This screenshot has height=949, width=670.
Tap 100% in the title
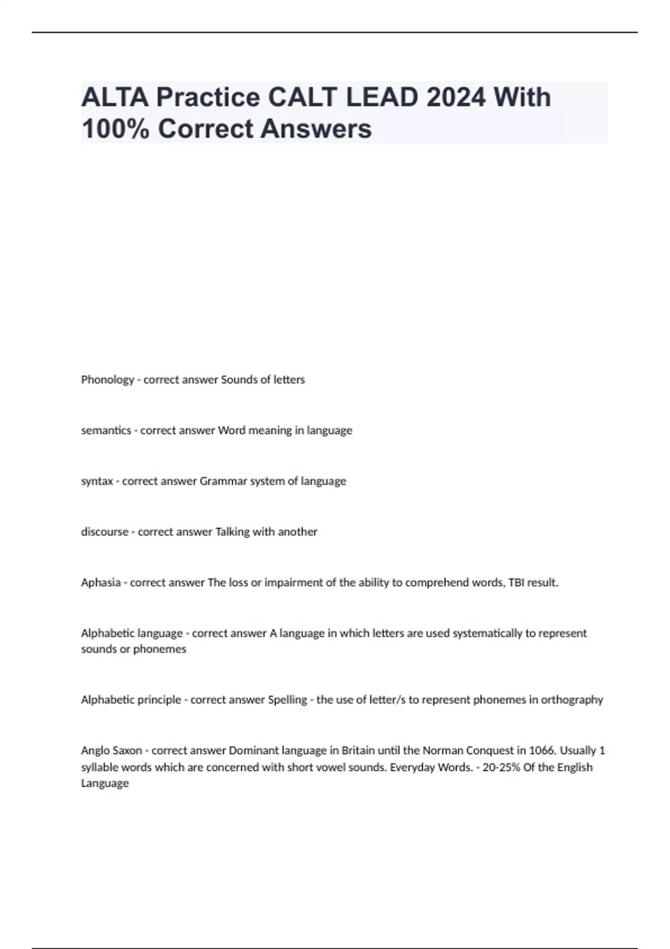(x=115, y=129)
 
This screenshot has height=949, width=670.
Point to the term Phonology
(x=107, y=380)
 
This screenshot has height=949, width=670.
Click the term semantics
(x=106, y=430)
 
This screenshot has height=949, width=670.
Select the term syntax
(x=97, y=481)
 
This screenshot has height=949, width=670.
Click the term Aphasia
(x=100, y=583)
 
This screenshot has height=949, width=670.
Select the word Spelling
(x=288, y=700)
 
